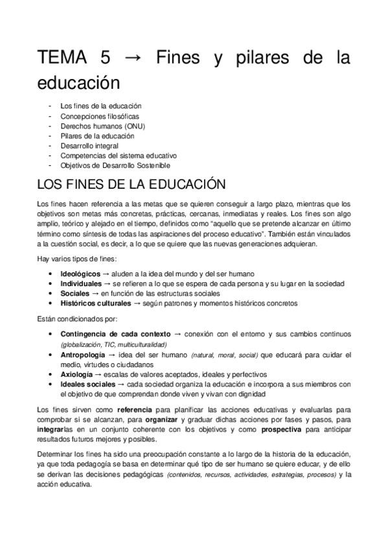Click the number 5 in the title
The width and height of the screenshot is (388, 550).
(x=105, y=58)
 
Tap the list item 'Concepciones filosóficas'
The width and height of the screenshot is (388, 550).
(x=99, y=116)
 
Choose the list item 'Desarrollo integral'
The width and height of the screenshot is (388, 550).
(x=89, y=146)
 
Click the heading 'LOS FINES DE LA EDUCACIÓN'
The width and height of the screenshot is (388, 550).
(x=132, y=185)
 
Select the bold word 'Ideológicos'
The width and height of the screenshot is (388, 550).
(x=80, y=274)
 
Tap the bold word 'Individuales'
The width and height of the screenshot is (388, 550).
(x=81, y=283)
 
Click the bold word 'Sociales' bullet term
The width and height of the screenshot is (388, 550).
(x=75, y=293)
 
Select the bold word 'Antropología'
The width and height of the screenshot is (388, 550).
(x=82, y=355)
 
